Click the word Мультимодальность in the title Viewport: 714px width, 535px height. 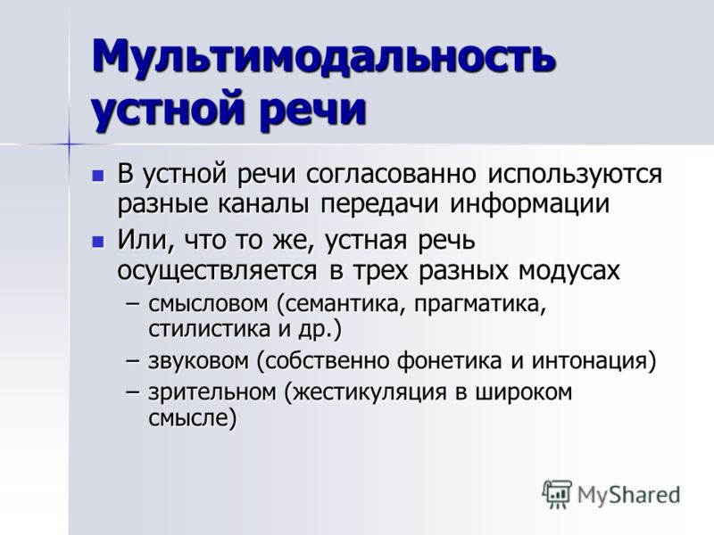[x=324, y=57]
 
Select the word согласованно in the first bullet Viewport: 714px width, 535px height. [x=392, y=174]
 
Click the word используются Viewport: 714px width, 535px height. [x=575, y=175]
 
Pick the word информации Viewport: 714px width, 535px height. [x=529, y=205]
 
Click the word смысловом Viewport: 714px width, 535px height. [x=208, y=304]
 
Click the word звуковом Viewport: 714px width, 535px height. [x=199, y=361]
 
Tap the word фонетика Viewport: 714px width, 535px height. [x=449, y=361]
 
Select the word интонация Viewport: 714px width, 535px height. [x=590, y=361]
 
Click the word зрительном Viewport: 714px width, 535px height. [x=212, y=393]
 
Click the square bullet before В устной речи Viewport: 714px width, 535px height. [x=98, y=175]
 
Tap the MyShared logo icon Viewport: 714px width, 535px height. [x=556, y=495]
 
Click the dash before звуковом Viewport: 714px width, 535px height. [x=132, y=361]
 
